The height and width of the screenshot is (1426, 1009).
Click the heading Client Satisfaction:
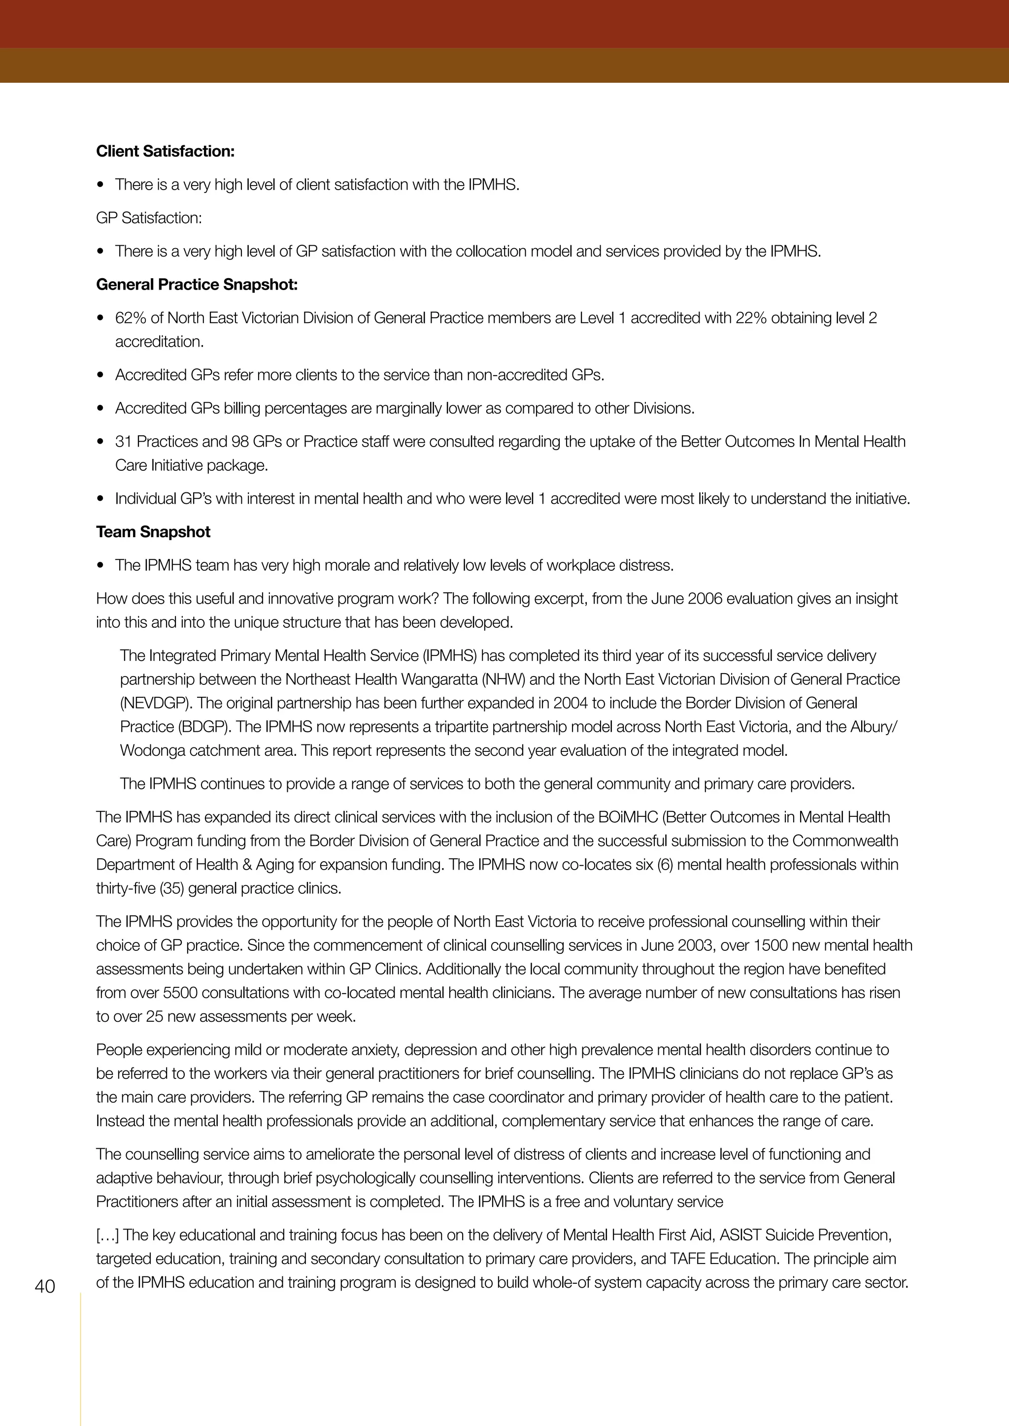point(165,152)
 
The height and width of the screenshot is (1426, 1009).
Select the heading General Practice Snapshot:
point(197,285)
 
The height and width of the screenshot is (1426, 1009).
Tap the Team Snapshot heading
point(153,532)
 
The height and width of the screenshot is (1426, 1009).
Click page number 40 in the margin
point(45,1286)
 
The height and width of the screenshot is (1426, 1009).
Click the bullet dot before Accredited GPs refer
point(101,376)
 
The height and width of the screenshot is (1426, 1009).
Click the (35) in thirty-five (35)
point(171,889)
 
